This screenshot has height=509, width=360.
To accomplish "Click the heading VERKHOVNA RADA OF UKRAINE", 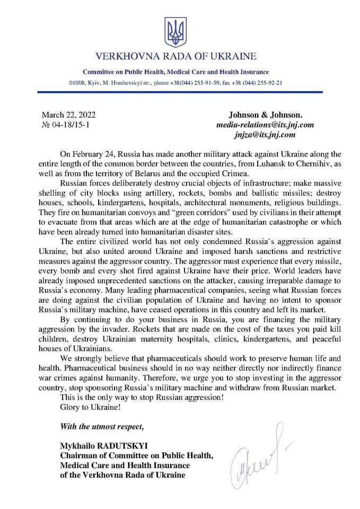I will (175, 56).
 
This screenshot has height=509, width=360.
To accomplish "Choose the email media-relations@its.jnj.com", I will (265, 125).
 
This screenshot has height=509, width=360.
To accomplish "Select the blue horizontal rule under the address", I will (180, 93).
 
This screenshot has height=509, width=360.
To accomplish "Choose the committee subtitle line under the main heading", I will (175, 72).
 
